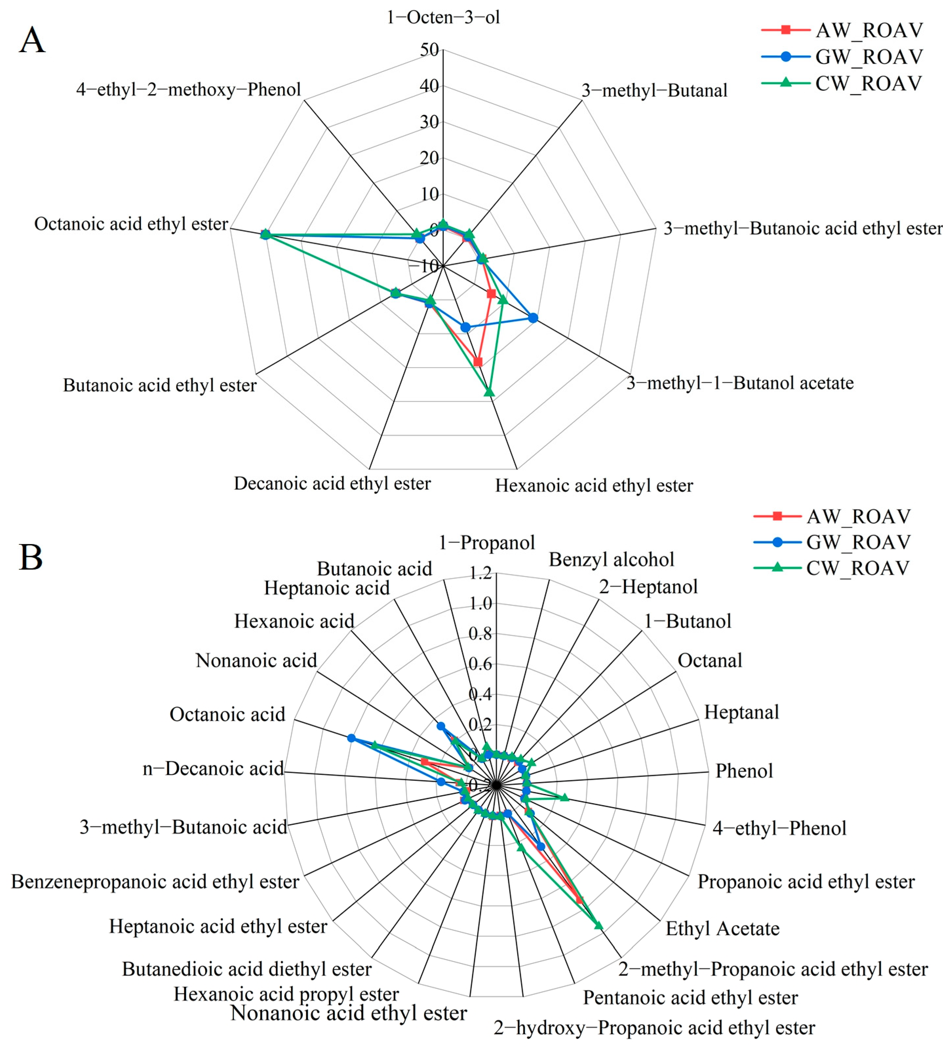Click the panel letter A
point(32,41)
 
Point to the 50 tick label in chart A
point(430,50)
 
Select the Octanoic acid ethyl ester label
point(131,224)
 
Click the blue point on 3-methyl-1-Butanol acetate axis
point(533,318)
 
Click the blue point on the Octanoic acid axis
point(351,738)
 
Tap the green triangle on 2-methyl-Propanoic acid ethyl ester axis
point(598,925)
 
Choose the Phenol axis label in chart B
point(744,771)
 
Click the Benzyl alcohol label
point(611,560)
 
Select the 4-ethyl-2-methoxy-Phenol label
point(188,89)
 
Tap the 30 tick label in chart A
point(430,122)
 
